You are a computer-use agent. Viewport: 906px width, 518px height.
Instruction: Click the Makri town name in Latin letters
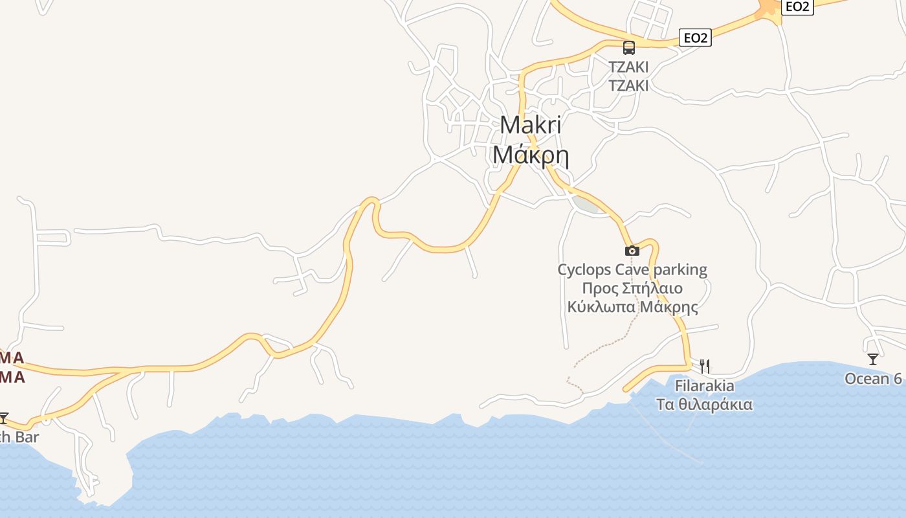tap(531, 125)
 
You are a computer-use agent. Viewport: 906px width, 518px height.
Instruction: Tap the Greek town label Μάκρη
tap(531, 155)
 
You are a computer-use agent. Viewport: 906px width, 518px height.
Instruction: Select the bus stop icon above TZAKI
tap(628, 47)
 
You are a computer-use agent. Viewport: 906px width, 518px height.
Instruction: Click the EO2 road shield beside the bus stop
tap(695, 38)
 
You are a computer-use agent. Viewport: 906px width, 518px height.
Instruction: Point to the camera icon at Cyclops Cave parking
tap(632, 251)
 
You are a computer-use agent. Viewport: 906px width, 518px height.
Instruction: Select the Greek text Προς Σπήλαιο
tap(632, 288)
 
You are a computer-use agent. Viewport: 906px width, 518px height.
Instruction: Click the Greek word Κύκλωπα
tap(601, 307)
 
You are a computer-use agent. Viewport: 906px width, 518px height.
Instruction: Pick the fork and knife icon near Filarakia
tap(705, 366)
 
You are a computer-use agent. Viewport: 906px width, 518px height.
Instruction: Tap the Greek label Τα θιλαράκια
tap(705, 405)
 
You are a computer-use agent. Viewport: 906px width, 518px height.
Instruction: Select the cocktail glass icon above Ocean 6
tap(873, 359)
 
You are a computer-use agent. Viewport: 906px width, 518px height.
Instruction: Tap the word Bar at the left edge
tap(27, 437)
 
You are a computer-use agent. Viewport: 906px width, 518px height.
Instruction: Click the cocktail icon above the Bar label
tap(4, 418)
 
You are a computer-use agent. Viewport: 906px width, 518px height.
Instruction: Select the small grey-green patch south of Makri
tap(588, 205)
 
